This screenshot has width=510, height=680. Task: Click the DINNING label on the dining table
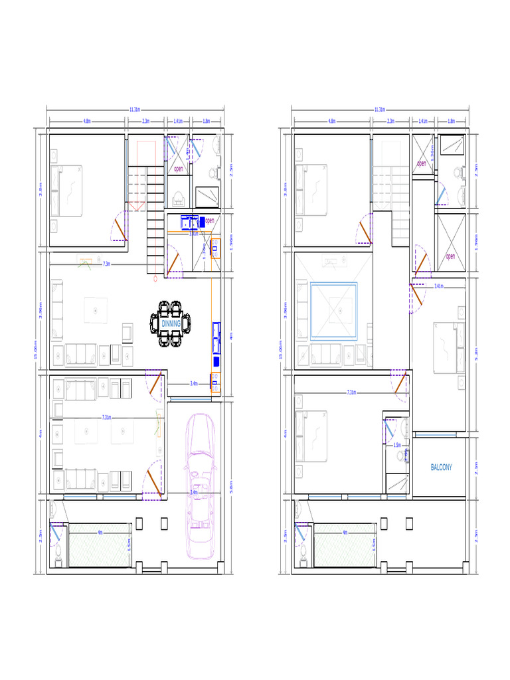171,323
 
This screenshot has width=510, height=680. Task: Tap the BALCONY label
442,467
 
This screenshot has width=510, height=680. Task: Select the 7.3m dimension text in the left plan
107,264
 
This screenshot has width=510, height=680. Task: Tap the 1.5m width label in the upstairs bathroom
397,445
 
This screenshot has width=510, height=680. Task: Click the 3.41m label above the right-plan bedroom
439,286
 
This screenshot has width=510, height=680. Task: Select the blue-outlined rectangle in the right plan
334,311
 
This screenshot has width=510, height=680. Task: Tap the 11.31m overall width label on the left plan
134,109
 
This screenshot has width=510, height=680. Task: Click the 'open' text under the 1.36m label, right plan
421,163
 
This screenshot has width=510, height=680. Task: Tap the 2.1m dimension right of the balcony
477,466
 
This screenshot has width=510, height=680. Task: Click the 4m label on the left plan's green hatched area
100,532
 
